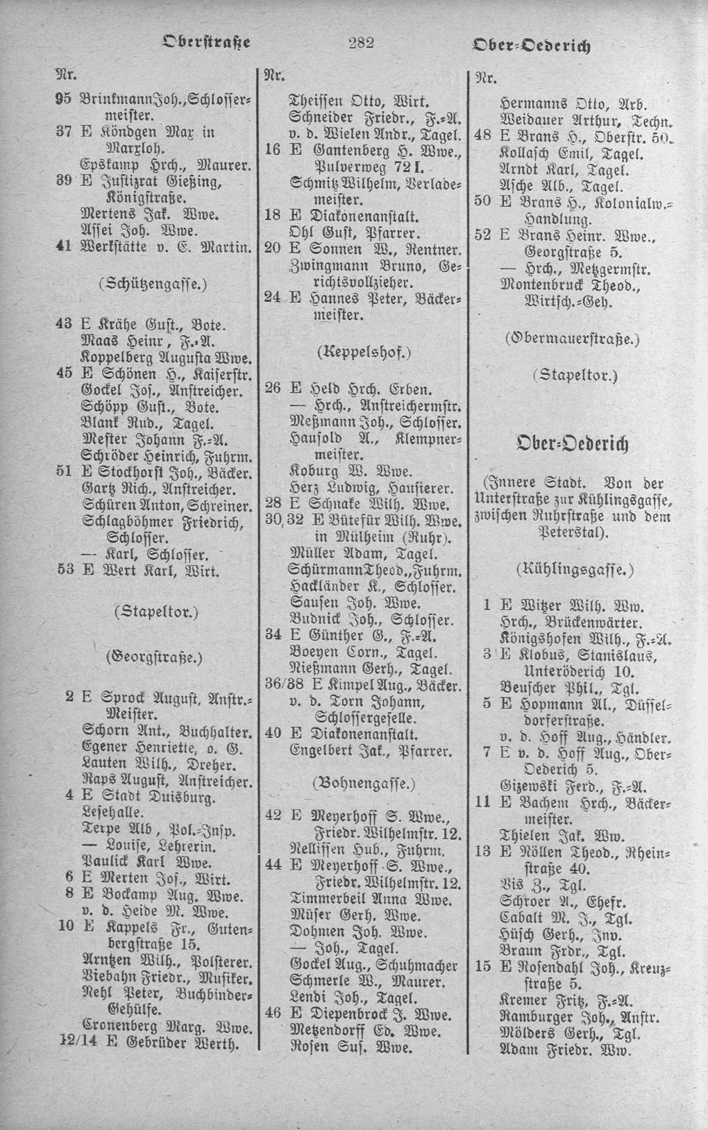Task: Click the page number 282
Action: (361, 43)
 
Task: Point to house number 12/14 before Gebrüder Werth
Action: (67, 1043)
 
